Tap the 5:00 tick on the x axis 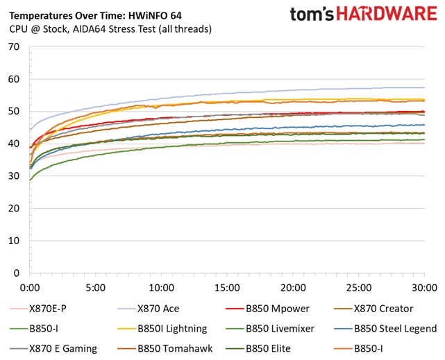click(x=96, y=287)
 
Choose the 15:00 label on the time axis click(x=227, y=287)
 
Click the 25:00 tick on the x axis click(x=359, y=287)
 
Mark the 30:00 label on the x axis click(x=424, y=287)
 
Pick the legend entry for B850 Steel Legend click(x=395, y=329)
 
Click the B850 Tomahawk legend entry click(x=174, y=348)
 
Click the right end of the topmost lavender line click(x=424, y=87)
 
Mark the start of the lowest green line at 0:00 click(x=30, y=180)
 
